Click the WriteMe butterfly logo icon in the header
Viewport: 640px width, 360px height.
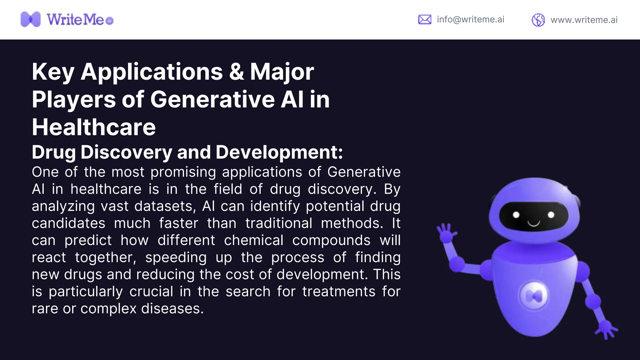[x=31, y=19]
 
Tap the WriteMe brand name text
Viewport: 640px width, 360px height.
[x=75, y=20]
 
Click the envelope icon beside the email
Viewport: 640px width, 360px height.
[x=425, y=19]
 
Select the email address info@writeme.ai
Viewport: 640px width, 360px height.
[x=470, y=19]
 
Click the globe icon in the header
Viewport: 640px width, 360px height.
[x=538, y=20]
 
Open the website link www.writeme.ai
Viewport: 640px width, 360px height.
[x=584, y=20]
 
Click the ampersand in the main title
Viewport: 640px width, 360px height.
[x=236, y=72]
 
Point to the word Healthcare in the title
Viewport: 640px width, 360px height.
[x=94, y=127]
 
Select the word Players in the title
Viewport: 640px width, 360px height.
[x=74, y=99]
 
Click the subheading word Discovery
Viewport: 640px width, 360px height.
[x=126, y=152]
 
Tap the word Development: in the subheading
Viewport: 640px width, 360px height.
[x=279, y=152]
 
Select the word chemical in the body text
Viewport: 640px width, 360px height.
[x=254, y=240]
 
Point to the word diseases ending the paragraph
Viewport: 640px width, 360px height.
[x=172, y=309]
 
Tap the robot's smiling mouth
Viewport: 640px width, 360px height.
[x=534, y=223]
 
